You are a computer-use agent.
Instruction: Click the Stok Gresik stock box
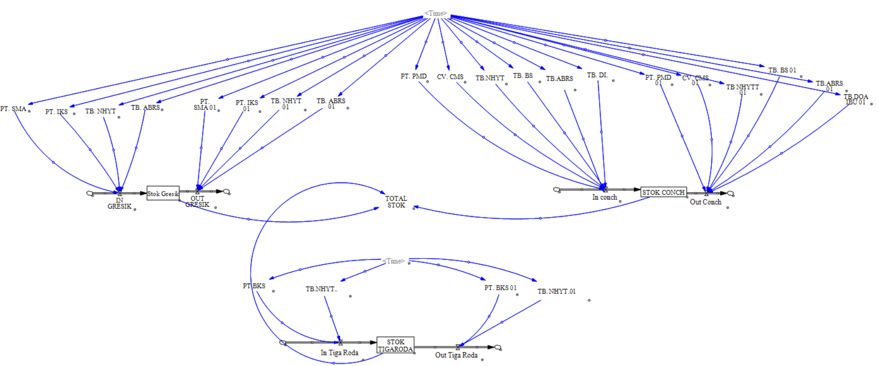[163, 193]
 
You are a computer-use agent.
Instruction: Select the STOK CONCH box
[663, 192]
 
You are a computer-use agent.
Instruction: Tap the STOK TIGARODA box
[395, 345]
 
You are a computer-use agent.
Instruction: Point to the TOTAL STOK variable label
[396, 202]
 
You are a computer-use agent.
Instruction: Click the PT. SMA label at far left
[13, 109]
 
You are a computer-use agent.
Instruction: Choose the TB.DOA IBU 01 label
[856, 99]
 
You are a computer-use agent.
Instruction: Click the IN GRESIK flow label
[120, 203]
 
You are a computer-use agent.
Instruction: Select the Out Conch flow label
[705, 202]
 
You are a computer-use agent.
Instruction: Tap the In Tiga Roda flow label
[339, 352]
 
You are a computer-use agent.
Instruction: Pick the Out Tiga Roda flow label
[456, 355]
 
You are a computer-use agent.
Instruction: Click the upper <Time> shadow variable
[436, 14]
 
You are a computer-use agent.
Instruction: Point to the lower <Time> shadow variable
[394, 261]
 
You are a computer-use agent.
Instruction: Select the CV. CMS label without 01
[450, 77]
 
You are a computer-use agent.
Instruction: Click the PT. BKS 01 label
[500, 287]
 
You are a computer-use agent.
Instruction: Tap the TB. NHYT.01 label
[557, 291]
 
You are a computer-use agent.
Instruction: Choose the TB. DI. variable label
[598, 75]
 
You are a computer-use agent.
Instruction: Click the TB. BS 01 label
[782, 70]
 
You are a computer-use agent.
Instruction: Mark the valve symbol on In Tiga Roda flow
[340, 342]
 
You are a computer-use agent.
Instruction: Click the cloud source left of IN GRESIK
[90, 193]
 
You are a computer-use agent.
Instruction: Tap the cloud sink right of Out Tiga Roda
[498, 347]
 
